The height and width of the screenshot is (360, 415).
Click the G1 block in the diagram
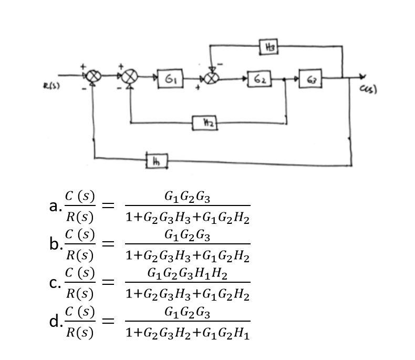[170, 79]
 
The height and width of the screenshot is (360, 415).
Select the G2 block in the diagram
[260, 79]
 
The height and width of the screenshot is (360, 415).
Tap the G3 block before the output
[310, 79]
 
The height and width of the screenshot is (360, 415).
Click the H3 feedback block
[269, 48]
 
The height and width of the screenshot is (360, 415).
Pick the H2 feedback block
[206, 124]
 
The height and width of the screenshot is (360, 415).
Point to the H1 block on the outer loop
[156, 161]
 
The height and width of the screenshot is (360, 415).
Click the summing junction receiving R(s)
[94, 77]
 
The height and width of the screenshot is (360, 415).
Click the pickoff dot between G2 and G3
[285, 79]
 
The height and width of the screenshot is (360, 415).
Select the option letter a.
[55, 206]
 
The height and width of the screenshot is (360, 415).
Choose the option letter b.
[55, 244]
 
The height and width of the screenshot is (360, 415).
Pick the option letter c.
[55, 283]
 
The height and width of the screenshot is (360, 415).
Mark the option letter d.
[55, 321]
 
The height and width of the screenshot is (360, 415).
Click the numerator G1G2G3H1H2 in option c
[187, 274]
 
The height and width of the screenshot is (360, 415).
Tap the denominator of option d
[187, 332]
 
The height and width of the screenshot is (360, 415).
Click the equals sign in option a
[108, 206]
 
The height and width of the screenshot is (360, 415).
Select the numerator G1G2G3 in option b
[187, 235]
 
